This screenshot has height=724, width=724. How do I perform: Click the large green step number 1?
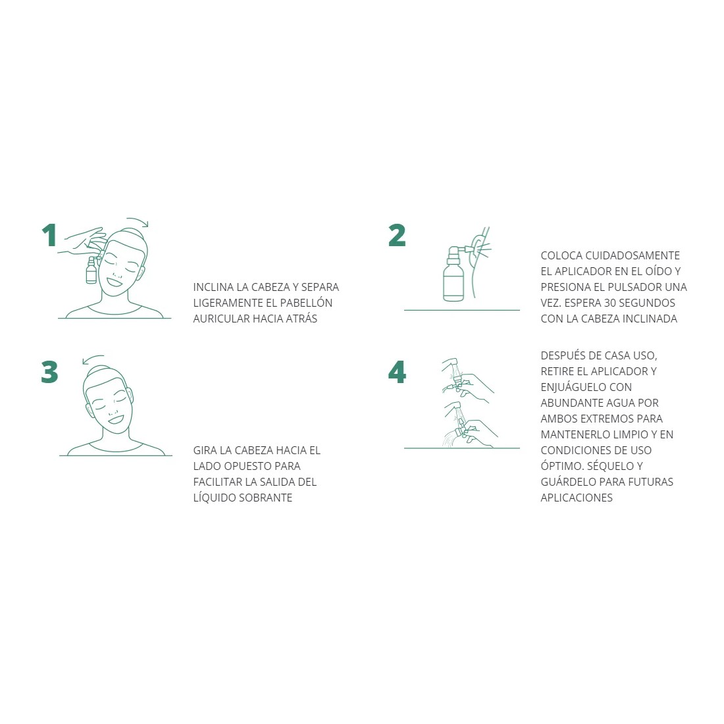[49, 236]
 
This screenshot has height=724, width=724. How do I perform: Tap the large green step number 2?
[397, 236]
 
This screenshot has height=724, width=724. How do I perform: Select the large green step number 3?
[49, 372]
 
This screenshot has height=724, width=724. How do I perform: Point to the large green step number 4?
[397, 372]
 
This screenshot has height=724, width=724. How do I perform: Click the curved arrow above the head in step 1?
[138, 220]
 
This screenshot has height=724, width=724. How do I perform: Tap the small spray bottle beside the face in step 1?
[91, 271]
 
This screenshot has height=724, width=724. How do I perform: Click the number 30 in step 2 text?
[610, 303]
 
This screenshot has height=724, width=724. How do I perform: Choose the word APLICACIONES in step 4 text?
[577, 498]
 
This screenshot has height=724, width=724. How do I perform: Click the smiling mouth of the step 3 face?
[115, 420]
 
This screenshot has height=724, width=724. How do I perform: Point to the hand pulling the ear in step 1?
[83, 241]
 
